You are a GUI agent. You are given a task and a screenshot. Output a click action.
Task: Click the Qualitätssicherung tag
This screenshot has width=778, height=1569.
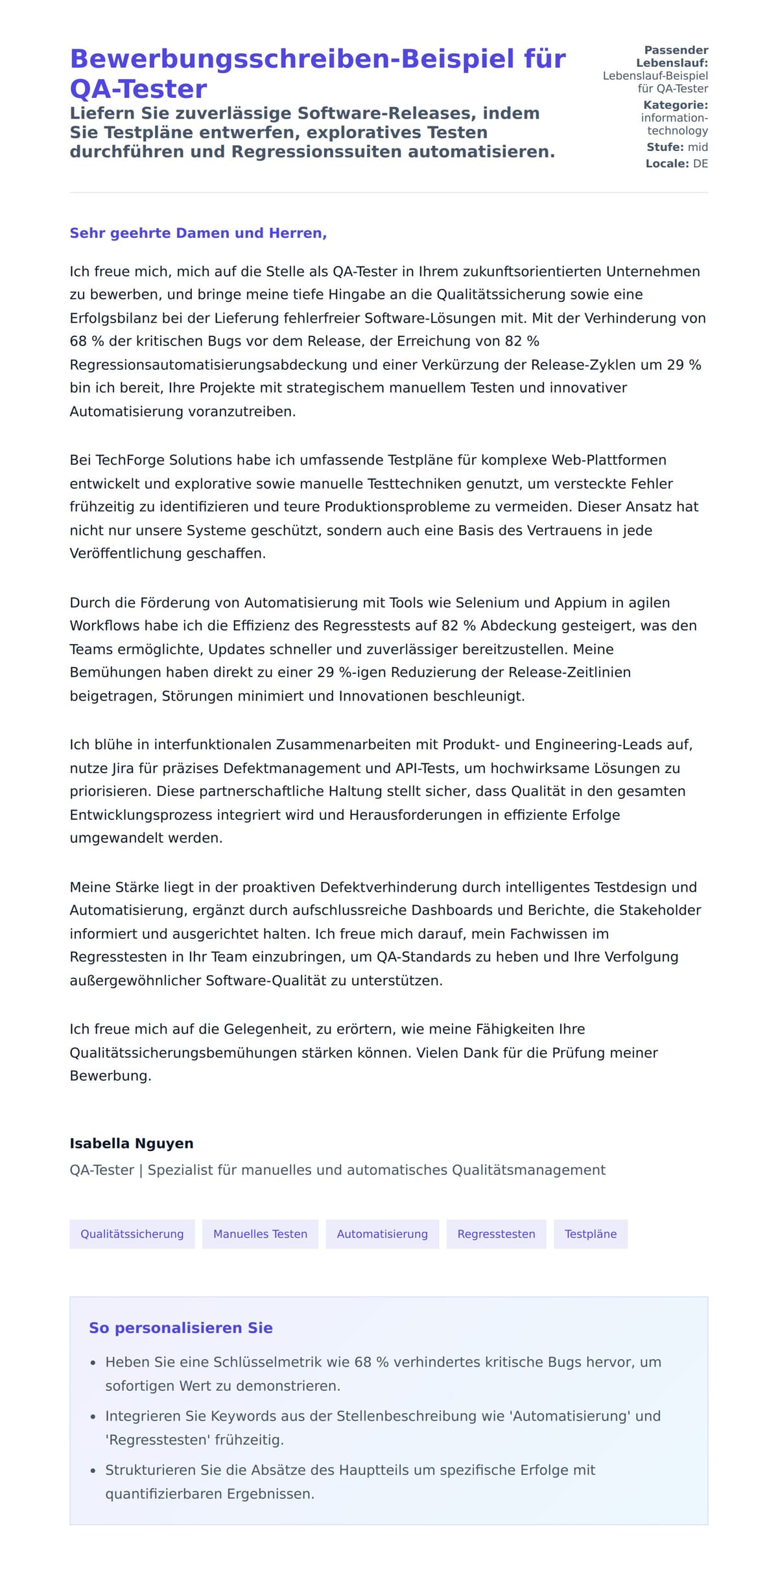point(132,1234)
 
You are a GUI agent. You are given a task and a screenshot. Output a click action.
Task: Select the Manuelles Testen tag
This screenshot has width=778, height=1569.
point(260,1234)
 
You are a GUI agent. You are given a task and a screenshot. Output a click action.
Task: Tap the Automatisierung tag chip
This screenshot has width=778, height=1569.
point(382,1234)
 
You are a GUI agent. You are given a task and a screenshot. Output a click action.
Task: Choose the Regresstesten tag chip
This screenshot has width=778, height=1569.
point(496,1234)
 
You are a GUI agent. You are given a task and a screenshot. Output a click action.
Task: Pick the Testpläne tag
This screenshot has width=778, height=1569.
point(590,1234)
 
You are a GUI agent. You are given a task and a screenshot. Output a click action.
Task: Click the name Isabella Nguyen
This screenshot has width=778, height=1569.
point(132,1143)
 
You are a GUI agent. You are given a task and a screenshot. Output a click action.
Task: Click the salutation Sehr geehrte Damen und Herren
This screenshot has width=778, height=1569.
point(198,233)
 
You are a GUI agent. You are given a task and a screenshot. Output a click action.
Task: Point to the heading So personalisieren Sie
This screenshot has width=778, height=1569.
point(180,1328)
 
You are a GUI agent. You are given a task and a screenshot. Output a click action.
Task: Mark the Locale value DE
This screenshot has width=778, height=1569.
point(700,164)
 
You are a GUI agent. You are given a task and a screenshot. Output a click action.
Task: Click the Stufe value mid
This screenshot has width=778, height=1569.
point(698,147)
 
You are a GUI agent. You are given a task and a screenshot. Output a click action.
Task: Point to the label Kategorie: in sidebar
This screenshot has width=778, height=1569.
point(675,105)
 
